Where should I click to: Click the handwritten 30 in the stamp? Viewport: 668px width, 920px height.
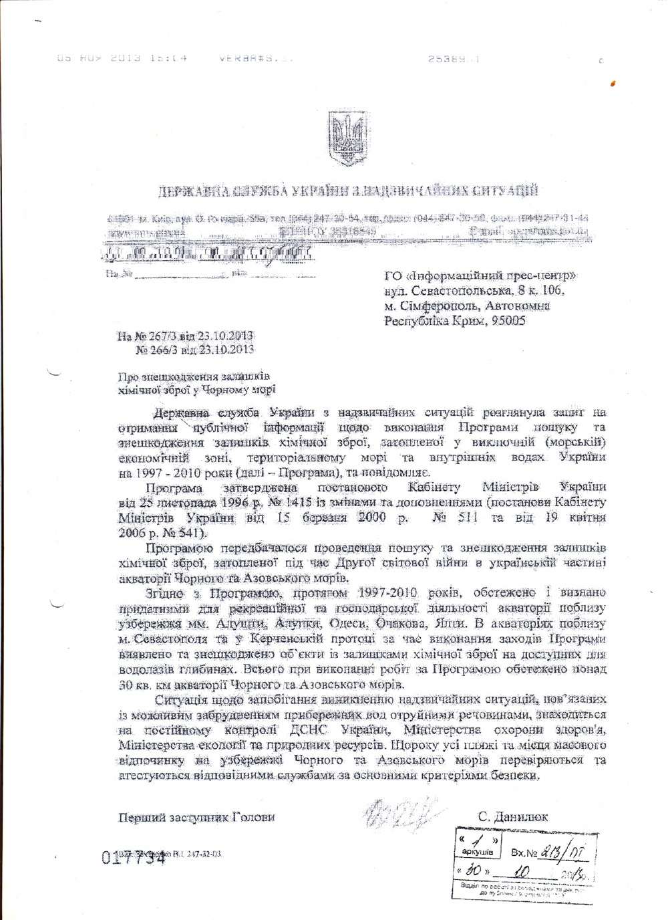[475, 871]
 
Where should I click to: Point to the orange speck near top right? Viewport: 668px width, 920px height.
[613, 82]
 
